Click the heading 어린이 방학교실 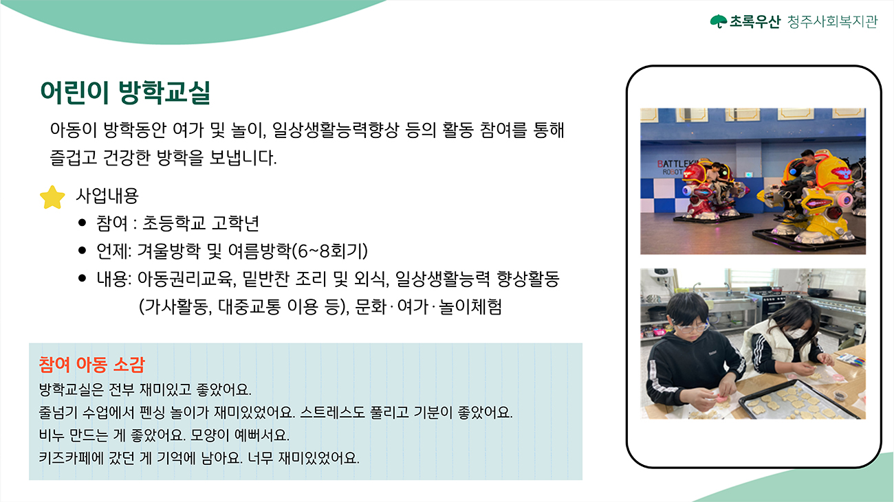click(125, 93)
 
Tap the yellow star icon click(52, 197)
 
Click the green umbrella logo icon click(719, 21)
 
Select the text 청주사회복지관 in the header click(833, 21)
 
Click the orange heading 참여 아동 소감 click(91, 365)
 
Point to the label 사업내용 click(107, 195)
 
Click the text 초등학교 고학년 click(201, 223)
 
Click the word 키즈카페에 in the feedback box click(65, 458)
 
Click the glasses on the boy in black click(691, 328)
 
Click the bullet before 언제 click(83, 251)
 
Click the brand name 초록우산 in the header click(754, 21)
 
